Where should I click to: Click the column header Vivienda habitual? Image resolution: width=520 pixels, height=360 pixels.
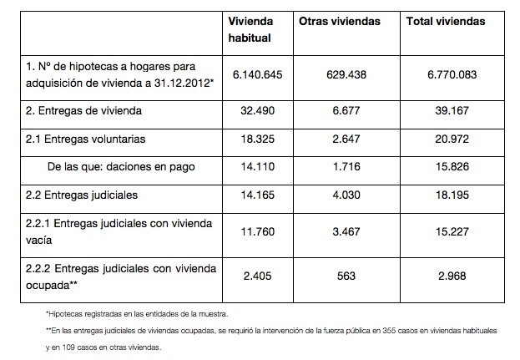pyautogui.click(x=250, y=29)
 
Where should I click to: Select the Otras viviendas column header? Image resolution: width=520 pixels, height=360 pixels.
pyautogui.click(x=340, y=22)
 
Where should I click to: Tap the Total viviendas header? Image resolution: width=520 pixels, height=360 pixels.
pyautogui.click(x=446, y=22)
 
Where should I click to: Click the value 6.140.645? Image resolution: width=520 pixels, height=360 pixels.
pyautogui.click(x=258, y=74)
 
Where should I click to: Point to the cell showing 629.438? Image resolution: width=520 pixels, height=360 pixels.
pyautogui.click(x=346, y=74)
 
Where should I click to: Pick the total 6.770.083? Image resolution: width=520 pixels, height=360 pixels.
pyautogui.click(x=452, y=74)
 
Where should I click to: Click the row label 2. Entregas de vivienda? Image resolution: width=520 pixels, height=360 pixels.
pyautogui.click(x=83, y=111)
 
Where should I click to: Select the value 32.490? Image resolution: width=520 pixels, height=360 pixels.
pyautogui.click(x=258, y=110)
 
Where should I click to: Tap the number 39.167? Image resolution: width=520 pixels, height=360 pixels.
pyautogui.click(x=452, y=110)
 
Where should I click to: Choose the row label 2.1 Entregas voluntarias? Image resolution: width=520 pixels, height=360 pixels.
pyautogui.click(x=86, y=139)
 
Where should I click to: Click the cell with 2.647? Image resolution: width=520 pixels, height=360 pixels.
pyautogui.click(x=346, y=139)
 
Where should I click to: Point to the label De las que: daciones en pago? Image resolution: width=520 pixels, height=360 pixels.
pyautogui.click(x=121, y=167)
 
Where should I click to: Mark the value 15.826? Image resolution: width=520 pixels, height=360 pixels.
pyautogui.click(x=452, y=166)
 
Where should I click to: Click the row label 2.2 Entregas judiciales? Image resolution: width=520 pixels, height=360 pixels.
pyautogui.click(x=82, y=195)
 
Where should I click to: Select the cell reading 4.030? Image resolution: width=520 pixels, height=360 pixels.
pyautogui.click(x=346, y=195)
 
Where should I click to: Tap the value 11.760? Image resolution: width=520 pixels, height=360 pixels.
pyautogui.click(x=258, y=231)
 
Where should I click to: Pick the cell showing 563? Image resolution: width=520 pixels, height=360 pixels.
pyautogui.click(x=346, y=276)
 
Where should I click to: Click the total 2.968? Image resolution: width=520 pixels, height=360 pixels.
pyautogui.click(x=452, y=276)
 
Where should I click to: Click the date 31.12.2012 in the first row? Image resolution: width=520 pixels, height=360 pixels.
pyautogui.click(x=182, y=83)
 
